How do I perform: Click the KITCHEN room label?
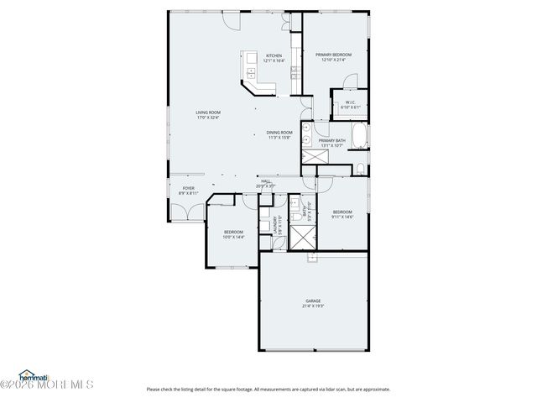pos(274,55)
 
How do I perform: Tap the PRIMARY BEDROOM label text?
pos(333,55)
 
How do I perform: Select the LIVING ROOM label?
pos(208,113)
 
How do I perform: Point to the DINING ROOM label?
pos(279,132)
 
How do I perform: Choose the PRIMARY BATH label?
pos(332,140)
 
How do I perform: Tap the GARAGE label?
pos(313,301)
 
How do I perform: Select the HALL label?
pos(265,181)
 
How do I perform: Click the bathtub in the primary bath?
pos(359,135)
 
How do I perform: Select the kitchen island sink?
pos(250,73)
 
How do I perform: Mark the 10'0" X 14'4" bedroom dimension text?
pos(233,238)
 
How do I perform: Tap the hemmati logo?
pos(34,375)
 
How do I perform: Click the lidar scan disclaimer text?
pos(268,389)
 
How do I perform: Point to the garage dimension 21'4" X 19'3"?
pos(313,306)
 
